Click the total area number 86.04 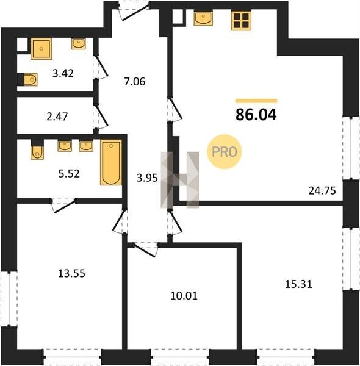point(256,115)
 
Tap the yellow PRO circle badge point(225,151)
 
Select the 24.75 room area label point(322,191)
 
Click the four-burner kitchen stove point(241,21)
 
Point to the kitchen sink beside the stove point(203,18)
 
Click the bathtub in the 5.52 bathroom point(111,162)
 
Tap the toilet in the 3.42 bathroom point(27,79)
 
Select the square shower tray point(41,49)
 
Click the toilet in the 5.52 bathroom point(37,149)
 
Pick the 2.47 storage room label point(57,117)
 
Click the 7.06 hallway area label point(135,82)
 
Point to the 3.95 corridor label point(147,178)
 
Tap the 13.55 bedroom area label point(71,273)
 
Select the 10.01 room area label point(184,296)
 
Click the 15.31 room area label point(298,284)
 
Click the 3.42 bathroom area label point(63,73)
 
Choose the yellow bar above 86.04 point(256,101)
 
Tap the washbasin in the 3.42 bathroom point(79,44)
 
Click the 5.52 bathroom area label point(69,173)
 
